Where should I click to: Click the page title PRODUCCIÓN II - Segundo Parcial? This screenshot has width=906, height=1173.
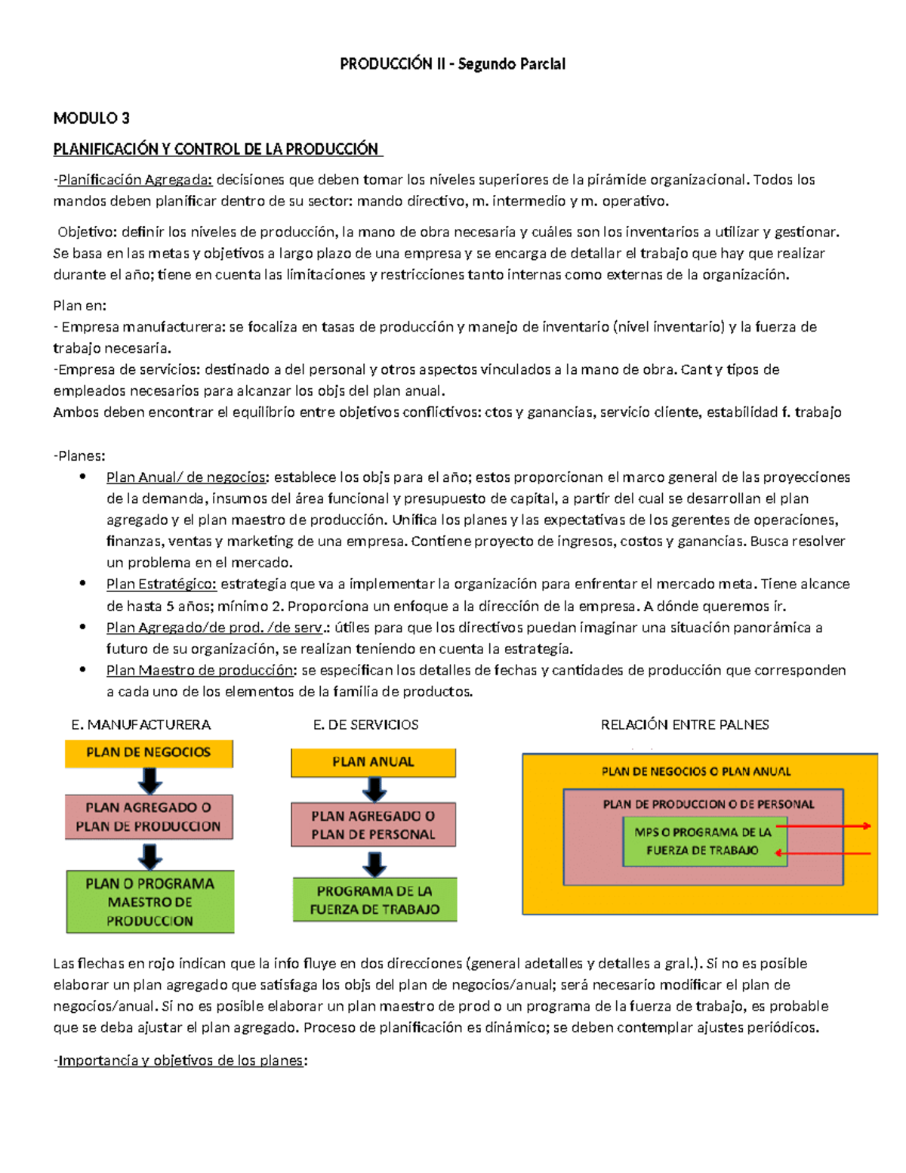tap(452, 64)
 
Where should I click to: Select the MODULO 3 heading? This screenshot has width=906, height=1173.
tap(91, 118)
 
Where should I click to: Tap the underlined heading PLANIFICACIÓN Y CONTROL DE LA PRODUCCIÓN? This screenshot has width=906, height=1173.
tap(216, 150)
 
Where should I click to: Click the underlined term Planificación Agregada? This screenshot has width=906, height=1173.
tap(135, 180)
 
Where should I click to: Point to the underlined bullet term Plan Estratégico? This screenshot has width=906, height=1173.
tap(161, 584)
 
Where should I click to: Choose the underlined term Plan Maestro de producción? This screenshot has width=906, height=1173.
tap(200, 670)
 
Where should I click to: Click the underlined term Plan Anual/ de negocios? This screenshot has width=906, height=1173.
tap(186, 477)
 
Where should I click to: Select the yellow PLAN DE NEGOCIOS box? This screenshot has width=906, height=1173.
tap(149, 753)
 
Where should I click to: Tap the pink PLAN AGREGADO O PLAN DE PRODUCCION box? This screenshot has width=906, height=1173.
tap(149, 816)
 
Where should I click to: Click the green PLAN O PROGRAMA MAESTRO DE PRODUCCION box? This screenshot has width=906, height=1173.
tap(149, 902)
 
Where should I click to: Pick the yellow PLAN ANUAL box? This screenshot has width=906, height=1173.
tap(374, 762)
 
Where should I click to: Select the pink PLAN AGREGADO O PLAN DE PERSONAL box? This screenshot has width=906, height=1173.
tap(374, 825)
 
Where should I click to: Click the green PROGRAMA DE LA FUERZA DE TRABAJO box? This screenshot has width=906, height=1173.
tap(374, 900)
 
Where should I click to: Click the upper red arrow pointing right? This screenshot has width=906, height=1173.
tap(823, 826)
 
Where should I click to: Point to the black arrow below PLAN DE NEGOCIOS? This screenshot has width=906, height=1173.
tap(149, 780)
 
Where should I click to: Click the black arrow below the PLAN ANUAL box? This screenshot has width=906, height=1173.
tap(374, 789)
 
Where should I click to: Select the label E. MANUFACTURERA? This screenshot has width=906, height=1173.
tap(140, 725)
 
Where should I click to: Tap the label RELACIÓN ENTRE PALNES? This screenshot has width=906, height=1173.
tap(685, 725)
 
